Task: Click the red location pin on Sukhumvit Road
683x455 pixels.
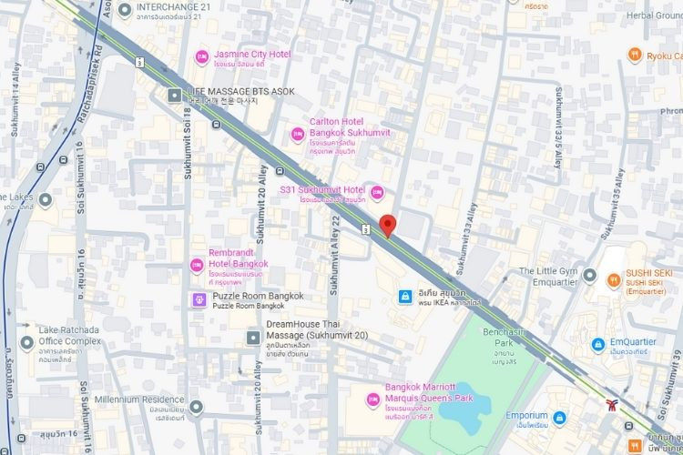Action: [388, 225]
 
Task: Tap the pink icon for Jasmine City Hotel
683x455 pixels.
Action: [202, 58]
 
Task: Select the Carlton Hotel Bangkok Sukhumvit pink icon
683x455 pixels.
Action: [296, 134]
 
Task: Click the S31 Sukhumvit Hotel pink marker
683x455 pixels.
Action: [377, 193]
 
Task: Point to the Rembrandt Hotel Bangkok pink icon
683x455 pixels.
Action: [196, 265]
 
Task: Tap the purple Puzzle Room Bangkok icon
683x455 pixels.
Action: [199, 299]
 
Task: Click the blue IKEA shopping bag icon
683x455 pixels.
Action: [403, 297]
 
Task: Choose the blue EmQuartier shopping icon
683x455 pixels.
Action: [597, 344]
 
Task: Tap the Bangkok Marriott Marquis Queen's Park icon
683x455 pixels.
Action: [372, 399]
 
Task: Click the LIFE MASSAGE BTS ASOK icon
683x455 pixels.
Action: [174, 95]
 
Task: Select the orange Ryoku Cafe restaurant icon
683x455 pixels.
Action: [634, 56]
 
